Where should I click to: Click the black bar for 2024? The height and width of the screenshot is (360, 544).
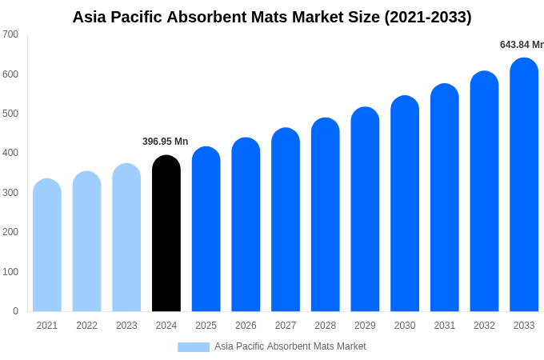[166, 234]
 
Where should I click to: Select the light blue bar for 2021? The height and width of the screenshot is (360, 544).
[47, 246]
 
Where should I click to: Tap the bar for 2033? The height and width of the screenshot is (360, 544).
[524, 185]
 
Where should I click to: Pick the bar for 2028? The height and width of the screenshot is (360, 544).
[326, 215]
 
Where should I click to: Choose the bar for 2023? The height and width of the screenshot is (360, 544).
[126, 238]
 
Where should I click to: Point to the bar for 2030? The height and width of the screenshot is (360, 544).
[405, 204]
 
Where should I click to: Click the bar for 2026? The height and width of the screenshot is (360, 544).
[246, 225]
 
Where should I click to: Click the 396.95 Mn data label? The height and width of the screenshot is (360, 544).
[166, 142]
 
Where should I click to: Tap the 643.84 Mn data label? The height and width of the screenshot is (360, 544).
[521, 45]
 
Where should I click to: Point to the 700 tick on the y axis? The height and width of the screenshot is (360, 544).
[10, 34]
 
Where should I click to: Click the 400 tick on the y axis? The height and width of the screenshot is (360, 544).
[10, 153]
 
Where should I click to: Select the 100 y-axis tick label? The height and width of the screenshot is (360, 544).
[10, 272]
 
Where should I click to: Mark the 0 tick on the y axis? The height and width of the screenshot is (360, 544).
[15, 311]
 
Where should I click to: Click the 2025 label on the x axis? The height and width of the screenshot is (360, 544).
[206, 326]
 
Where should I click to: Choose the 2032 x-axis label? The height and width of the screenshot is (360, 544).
[484, 326]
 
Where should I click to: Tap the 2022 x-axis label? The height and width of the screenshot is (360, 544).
[86, 326]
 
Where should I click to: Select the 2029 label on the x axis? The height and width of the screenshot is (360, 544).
[365, 326]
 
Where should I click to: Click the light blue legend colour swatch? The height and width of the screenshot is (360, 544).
[194, 346]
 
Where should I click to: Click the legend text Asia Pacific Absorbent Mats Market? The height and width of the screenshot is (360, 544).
[290, 346]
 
